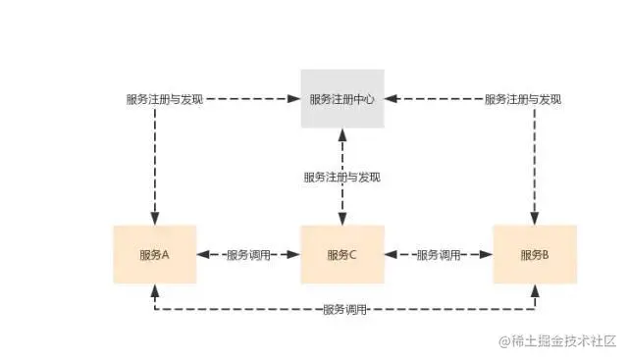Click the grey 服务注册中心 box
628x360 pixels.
[x=341, y=99]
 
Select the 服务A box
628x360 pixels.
[x=154, y=254]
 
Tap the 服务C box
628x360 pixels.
[x=341, y=254]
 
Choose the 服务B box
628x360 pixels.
[x=535, y=254]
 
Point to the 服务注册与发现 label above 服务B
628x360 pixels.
[x=524, y=99]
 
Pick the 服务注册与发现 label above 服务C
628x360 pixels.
[x=341, y=178]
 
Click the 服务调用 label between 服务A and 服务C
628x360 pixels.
[x=248, y=254]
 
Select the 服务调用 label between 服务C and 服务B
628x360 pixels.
[x=438, y=254]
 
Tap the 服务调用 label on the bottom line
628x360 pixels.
[x=344, y=310]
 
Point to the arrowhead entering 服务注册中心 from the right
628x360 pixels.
[x=391, y=99]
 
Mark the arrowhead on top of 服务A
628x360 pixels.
[x=154, y=218]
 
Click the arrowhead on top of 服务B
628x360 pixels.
[x=535, y=218]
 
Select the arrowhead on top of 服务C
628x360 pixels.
[x=341, y=218]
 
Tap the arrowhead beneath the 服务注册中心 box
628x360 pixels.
[x=341, y=135]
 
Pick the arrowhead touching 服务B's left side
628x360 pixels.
[x=487, y=254]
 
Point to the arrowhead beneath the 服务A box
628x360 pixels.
[x=154, y=289]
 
